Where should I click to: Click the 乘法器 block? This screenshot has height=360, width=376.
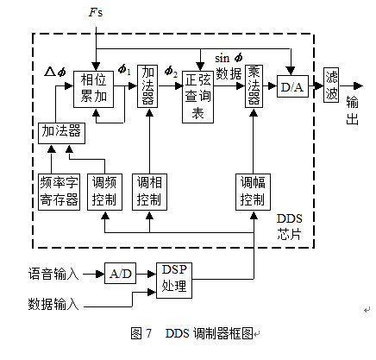pos(254,88)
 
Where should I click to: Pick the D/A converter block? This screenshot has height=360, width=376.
pos(291,87)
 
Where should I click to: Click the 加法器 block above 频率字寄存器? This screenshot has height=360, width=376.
pos(58,131)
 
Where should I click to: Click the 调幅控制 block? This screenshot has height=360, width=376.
pos(254,193)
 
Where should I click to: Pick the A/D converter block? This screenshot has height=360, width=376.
pos(121,274)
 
